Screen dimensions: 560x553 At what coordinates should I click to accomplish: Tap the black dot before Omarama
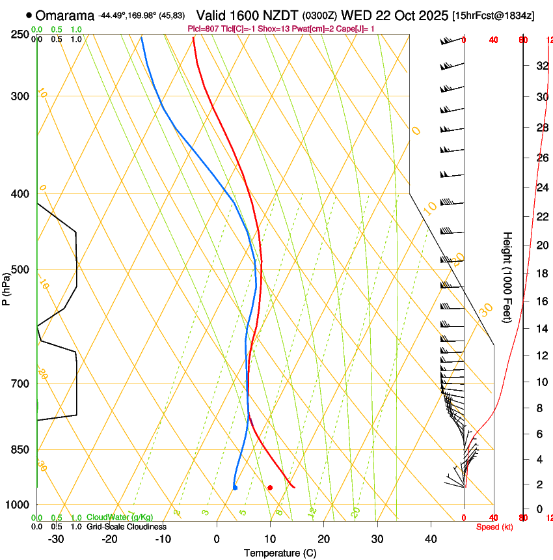tap(29, 14)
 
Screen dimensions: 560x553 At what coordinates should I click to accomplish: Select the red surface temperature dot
tap(270, 487)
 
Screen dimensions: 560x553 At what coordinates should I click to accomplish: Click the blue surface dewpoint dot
tap(235, 487)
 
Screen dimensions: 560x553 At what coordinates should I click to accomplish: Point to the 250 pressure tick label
tap(20, 35)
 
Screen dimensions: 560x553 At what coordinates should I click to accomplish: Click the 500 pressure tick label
tap(20, 270)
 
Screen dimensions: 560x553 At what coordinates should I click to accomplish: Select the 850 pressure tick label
tap(20, 449)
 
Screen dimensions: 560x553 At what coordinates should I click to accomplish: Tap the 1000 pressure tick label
tap(18, 505)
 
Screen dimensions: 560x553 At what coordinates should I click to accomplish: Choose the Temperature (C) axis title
tap(280, 553)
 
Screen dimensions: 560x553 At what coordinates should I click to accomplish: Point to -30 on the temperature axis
tap(56, 539)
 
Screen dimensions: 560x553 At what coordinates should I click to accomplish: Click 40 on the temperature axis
tap(431, 539)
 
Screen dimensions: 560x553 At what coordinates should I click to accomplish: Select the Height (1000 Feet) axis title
tap(507, 277)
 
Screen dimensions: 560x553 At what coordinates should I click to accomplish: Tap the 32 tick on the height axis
tap(541, 66)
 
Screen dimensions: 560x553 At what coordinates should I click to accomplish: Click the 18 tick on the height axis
tap(541, 273)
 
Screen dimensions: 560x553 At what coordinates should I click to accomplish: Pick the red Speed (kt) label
tap(494, 527)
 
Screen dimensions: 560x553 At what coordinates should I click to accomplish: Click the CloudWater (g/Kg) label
tap(120, 518)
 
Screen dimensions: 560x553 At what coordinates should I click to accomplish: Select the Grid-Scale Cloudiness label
tap(126, 527)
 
